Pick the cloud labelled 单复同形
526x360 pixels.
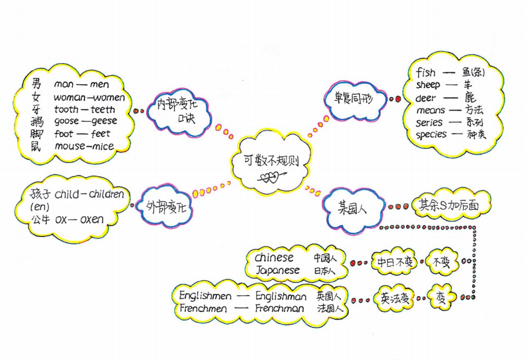pos(356,100)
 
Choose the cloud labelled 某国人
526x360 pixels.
pos(352,207)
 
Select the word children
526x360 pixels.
pos(105,194)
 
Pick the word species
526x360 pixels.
pos(433,134)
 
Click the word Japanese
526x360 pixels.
pos(277,271)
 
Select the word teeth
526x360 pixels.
pos(103,109)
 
